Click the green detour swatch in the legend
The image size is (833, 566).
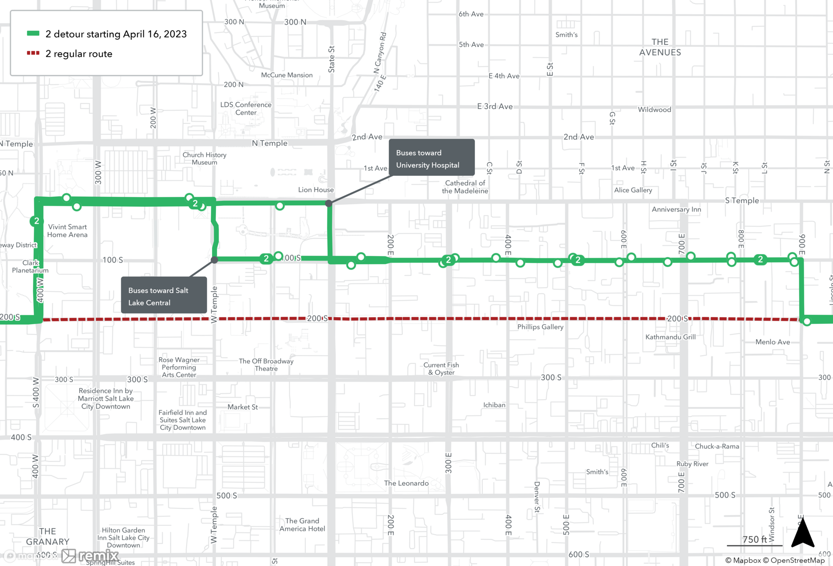pos(33,33)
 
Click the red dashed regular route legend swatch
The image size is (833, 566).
pos(33,53)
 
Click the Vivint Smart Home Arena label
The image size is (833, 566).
pos(67,230)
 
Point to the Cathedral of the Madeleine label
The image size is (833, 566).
pos(465,187)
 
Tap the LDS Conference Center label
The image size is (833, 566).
pos(246,108)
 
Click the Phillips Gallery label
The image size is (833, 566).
pos(540,327)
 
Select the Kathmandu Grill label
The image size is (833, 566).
pos(670,337)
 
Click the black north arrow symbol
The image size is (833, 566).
pos(803,533)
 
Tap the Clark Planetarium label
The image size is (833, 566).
pos(30,266)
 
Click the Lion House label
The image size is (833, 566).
pos(316,190)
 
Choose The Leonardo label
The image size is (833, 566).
pos(406,483)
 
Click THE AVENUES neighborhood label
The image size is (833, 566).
pos(660,47)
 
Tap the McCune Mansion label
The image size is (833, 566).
pos(287,75)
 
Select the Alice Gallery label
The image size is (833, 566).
pos(633,190)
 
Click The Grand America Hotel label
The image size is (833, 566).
pos(302,525)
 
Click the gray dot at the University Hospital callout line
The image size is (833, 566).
pos(329,203)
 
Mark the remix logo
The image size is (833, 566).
pos(91,556)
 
